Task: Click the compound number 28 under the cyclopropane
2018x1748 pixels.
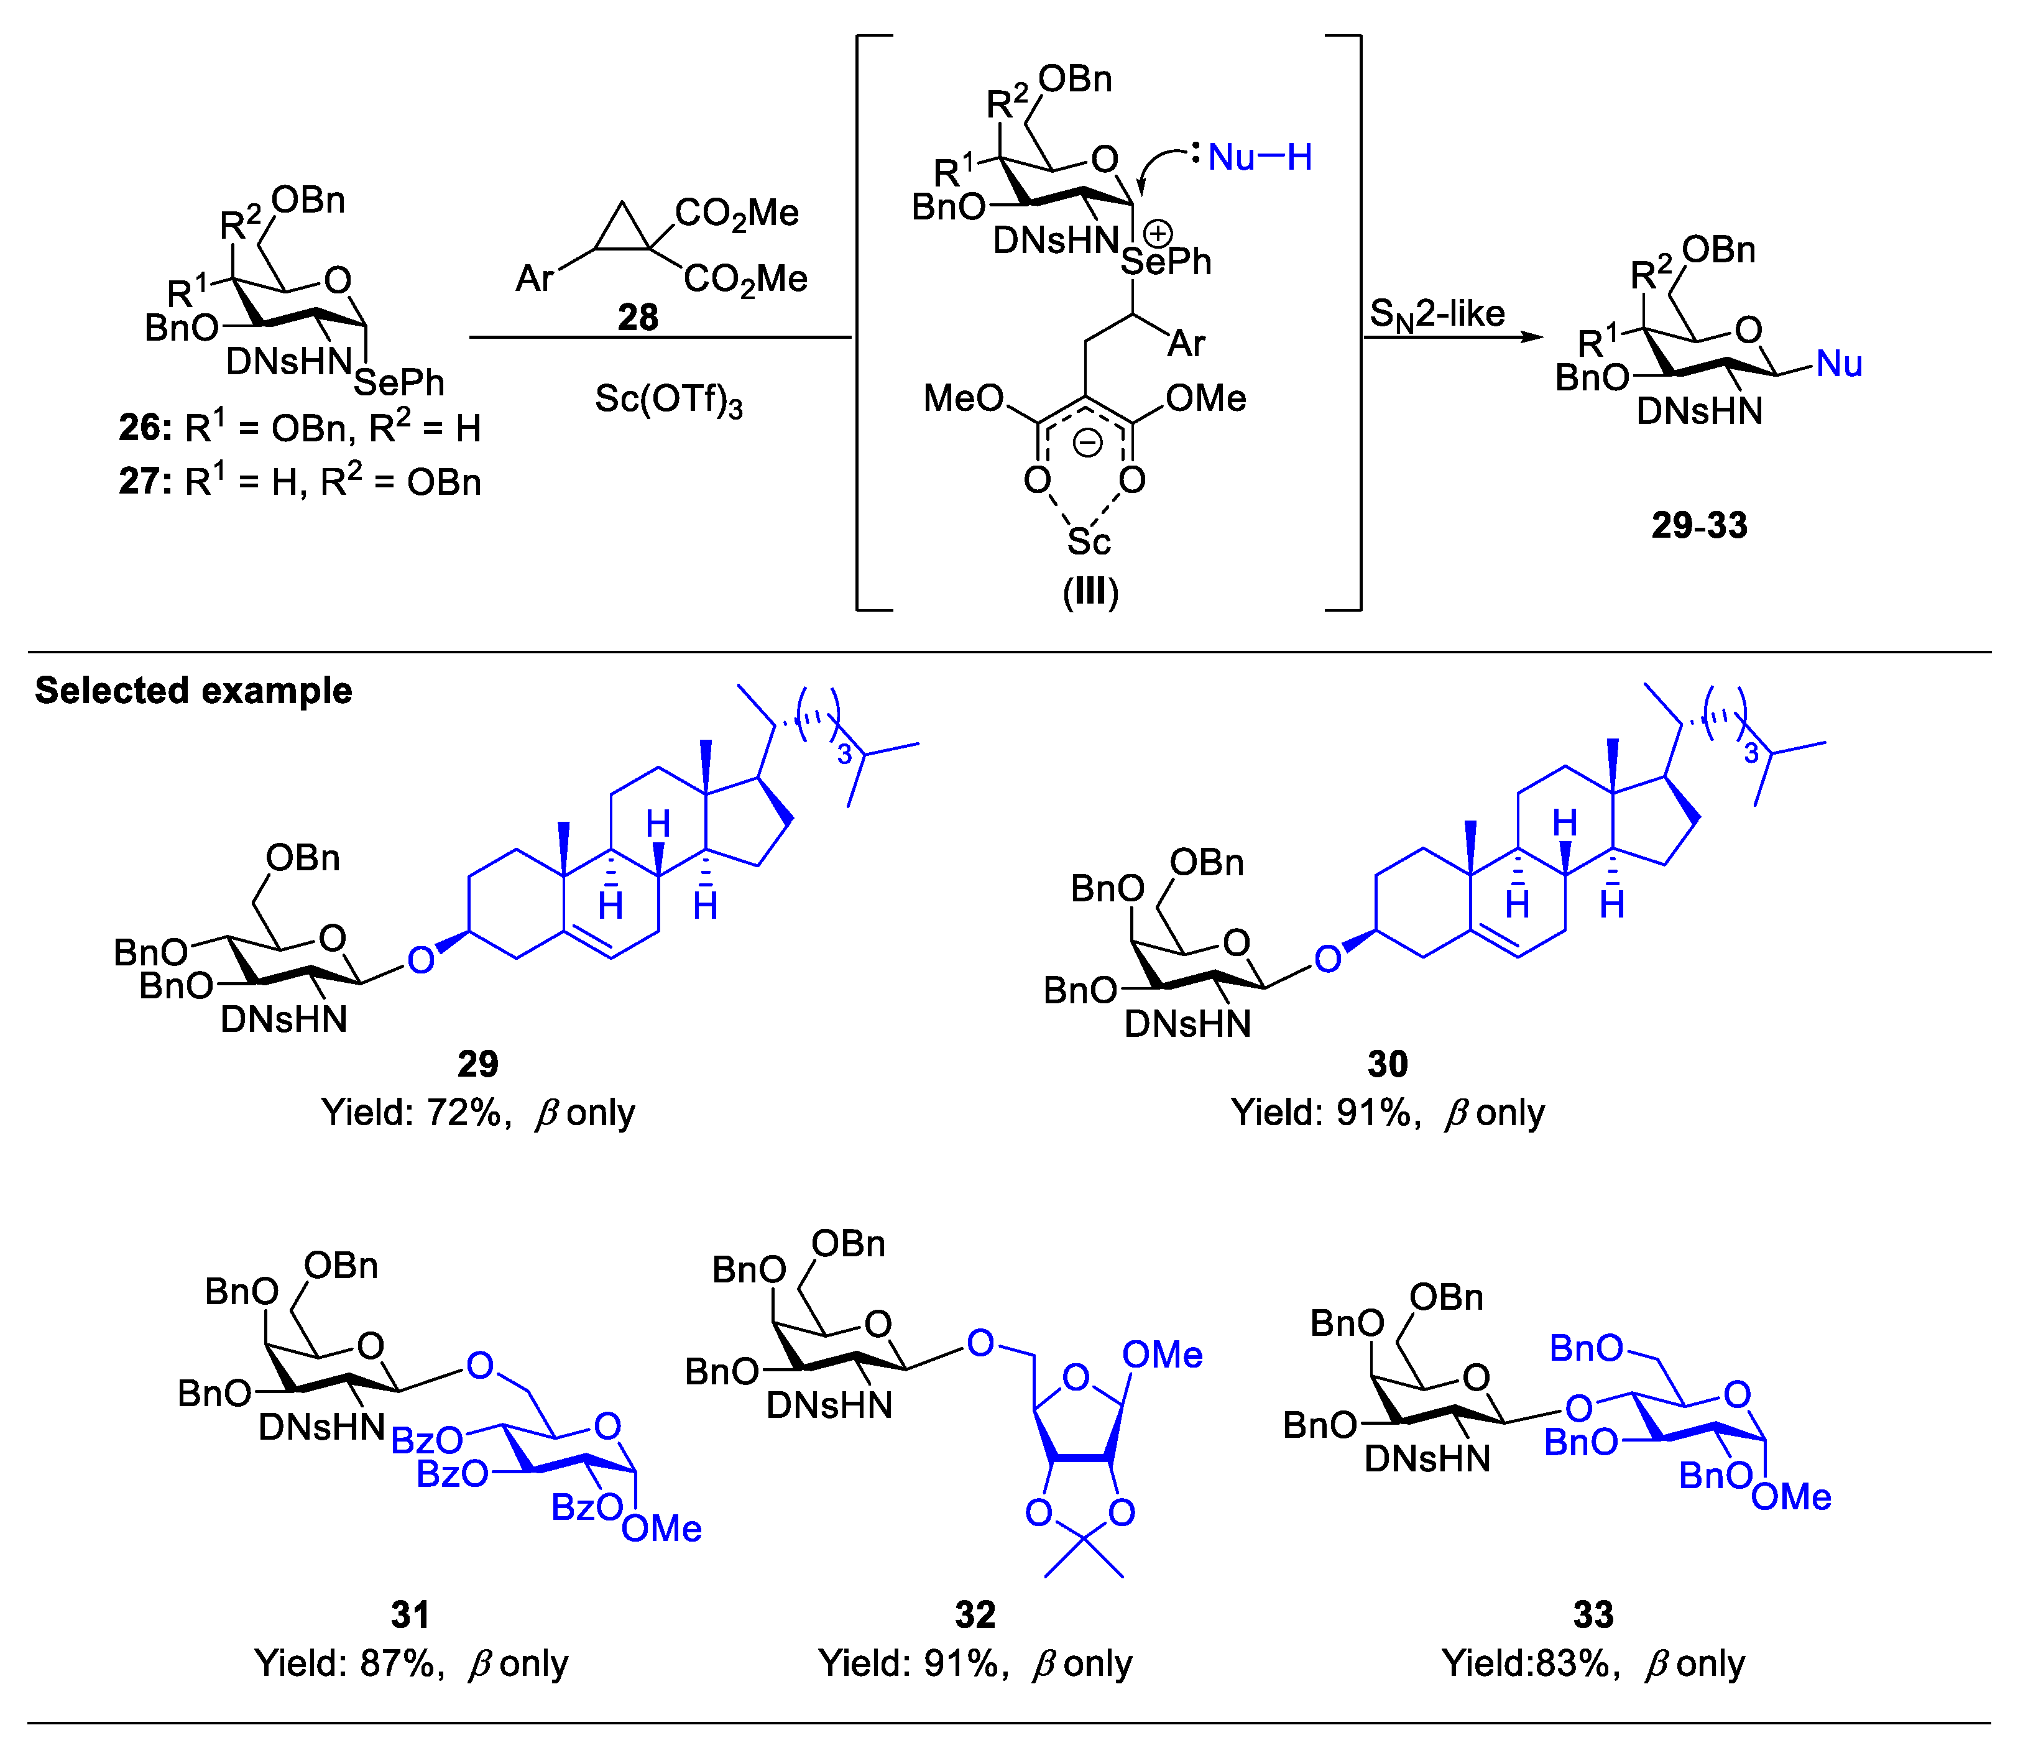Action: [x=638, y=317]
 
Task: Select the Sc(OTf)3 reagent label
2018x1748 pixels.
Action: [x=668, y=400]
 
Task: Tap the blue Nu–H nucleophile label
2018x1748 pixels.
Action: [x=1259, y=157]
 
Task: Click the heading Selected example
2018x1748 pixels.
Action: [x=193, y=691]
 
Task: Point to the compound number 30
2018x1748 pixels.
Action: [x=1387, y=1063]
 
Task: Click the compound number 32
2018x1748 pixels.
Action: [x=974, y=1614]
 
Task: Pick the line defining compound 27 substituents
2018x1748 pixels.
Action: [x=300, y=482]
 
